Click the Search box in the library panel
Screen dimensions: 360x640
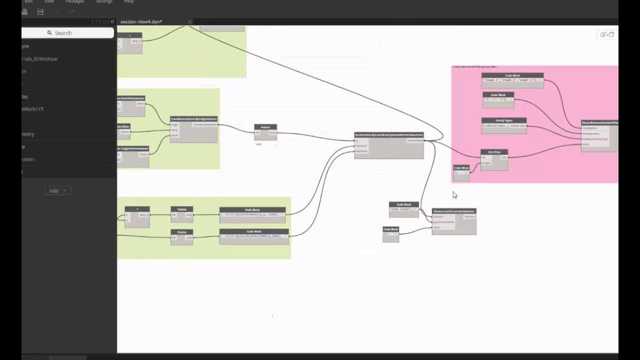67,33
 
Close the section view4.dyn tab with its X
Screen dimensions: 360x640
189,21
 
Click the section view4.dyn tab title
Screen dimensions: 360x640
141,21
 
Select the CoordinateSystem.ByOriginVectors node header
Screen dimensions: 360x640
193,119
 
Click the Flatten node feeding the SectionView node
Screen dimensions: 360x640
265,127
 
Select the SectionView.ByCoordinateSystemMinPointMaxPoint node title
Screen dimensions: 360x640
388,135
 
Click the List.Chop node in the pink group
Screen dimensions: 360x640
494,152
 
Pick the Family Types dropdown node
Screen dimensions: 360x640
503,120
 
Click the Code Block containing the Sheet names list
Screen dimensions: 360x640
512,76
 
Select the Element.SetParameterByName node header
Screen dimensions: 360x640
453,211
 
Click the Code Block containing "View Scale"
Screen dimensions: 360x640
403,204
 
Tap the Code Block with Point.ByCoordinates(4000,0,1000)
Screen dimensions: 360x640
254,232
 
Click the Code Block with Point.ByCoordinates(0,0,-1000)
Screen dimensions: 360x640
252,210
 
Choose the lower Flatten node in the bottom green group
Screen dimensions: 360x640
181,232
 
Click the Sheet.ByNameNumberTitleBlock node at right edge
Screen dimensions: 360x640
599,122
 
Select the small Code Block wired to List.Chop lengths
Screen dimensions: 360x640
461,168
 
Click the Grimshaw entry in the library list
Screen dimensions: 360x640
40,58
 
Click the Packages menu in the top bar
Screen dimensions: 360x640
74,1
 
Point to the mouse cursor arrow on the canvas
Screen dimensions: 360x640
454,194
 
